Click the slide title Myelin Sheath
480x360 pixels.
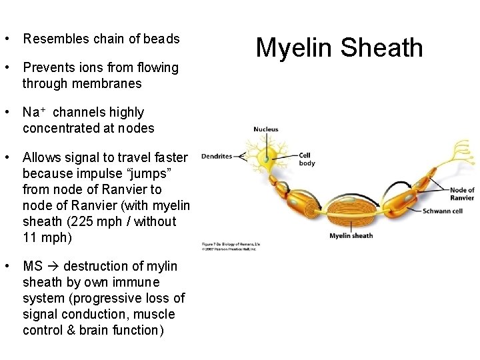339,48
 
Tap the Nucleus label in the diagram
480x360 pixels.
265,129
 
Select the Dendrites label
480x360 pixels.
216,156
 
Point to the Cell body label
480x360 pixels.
307,159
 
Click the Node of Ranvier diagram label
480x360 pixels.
462,195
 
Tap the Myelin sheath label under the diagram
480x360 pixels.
351,235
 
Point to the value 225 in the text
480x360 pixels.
115,221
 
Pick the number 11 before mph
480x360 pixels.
29,237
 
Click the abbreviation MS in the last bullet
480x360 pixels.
31,266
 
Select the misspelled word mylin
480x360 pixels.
163,266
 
